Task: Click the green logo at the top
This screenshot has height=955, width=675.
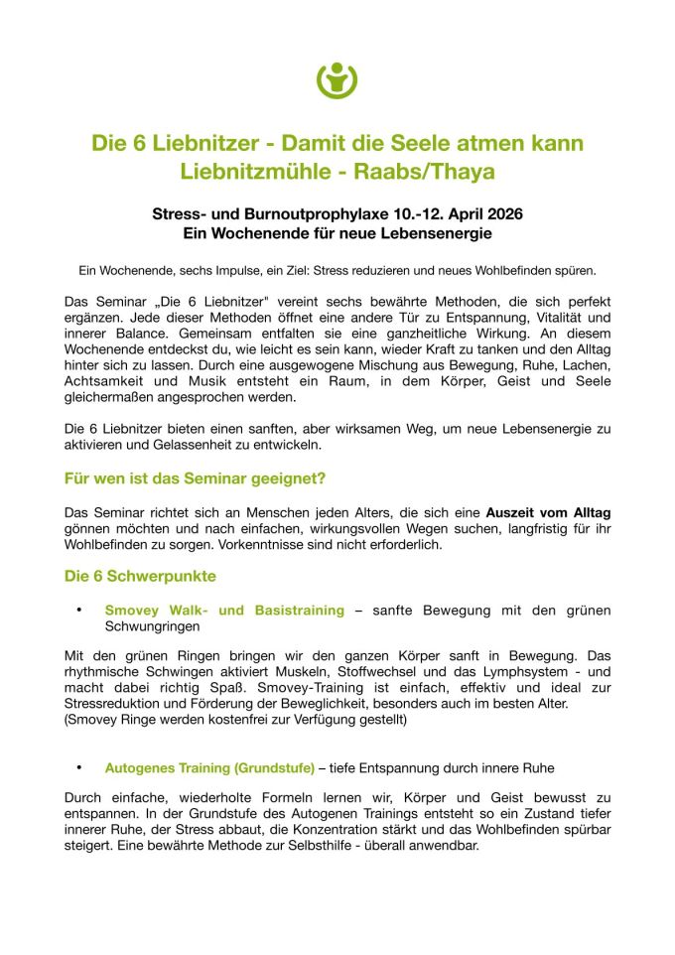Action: [337, 80]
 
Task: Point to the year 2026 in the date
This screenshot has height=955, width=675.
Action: [504, 214]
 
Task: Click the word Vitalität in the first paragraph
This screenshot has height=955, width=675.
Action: [561, 318]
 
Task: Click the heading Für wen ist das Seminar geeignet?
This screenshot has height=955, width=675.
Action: [195, 477]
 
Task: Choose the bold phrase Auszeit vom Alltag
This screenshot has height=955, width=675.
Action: [548, 512]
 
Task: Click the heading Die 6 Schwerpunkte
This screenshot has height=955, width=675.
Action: [140, 576]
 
